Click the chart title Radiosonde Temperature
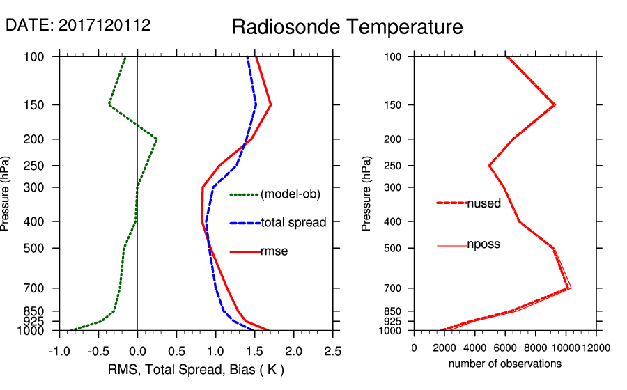pos(347,27)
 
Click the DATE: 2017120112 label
pos(78,25)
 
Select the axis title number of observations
pos(505,364)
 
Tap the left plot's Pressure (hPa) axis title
pos(6,194)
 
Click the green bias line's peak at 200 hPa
pos(156,139)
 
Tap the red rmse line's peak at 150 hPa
pos(270,105)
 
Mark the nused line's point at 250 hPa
pos(490,166)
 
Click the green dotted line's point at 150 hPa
pos(109,105)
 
